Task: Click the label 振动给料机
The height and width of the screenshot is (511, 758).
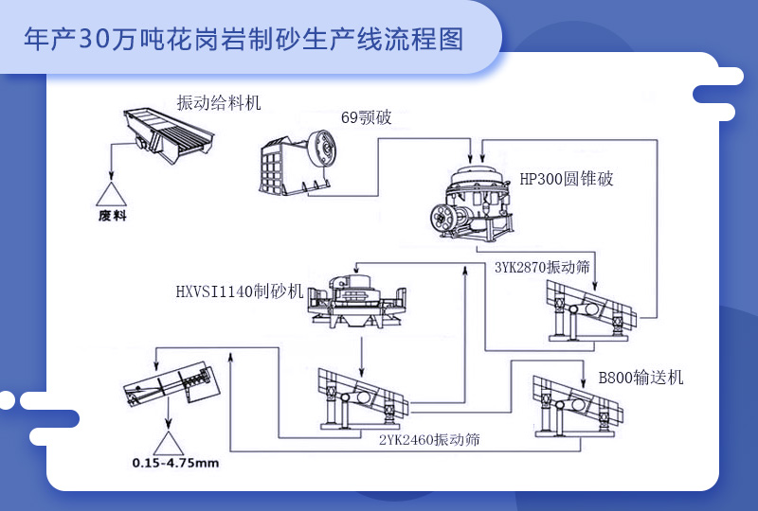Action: [x=218, y=102]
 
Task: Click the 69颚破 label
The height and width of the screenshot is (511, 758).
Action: [x=366, y=118]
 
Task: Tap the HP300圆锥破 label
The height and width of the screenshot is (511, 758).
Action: [x=567, y=179]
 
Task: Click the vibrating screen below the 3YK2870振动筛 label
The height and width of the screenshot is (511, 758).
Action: [x=587, y=312]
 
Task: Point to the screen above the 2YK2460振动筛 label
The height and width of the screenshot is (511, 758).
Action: [x=360, y=397]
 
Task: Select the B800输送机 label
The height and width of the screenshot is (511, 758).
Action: [x=641, y=378]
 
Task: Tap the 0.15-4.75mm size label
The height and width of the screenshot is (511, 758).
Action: [x=176, y=464]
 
